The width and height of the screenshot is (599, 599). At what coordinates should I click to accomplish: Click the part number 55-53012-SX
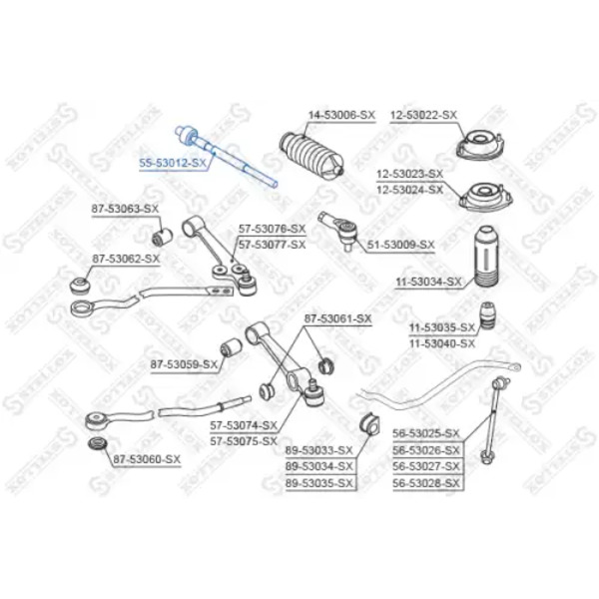click(173, 163)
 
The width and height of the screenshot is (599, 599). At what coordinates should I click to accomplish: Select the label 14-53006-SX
click(341, 115)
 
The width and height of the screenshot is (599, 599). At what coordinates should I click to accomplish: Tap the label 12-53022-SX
click(423, 115)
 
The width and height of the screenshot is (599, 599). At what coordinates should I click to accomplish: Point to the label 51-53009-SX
click(400, 245)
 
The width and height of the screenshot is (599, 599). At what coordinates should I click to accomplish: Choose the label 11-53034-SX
click(428, 283)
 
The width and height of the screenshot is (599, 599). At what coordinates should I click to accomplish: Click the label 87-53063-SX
click(125, 209)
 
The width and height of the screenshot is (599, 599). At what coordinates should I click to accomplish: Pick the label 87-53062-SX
click(126, 259)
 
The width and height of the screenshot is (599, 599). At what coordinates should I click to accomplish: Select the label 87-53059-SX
click(184, 364)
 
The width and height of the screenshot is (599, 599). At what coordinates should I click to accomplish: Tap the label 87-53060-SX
click(147, 459)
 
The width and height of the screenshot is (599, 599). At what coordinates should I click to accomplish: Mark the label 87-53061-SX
click(337, 318)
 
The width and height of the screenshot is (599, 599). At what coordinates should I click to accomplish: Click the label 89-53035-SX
click(319, 483)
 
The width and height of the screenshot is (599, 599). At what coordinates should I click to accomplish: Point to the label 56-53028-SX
click(426, 483)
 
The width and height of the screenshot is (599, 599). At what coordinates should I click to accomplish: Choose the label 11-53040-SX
click(442, 343)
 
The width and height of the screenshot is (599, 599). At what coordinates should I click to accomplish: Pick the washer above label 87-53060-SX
click(98, 444)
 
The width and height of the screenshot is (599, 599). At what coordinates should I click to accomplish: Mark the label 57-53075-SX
click(244, 441)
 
